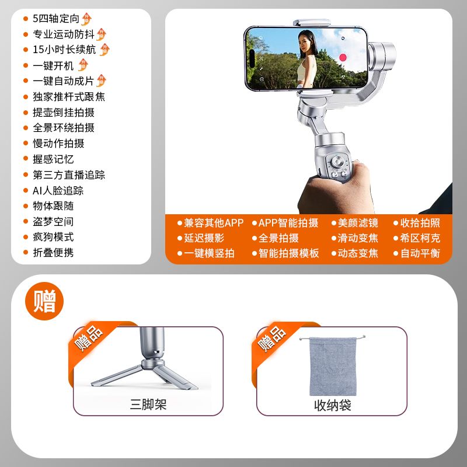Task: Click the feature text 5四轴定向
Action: click(x=56, y=19)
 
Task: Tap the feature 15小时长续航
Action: click(x=64, y=50)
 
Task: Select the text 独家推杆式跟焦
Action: click(x=69, y=97)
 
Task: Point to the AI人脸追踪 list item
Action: click(x=58, y=191)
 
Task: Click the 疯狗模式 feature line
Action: click(x=53, y=237)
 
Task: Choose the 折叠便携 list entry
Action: click(x=53, y=253)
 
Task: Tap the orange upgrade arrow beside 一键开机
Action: click(x=83, y=65)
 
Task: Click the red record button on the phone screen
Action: click(x=343, y=57)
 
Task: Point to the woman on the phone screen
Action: click(x=307, y=59)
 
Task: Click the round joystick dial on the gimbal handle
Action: click(x=337, y=162)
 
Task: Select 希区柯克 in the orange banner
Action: click(x=420, y=238)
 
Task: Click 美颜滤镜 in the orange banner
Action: click(x=358, y=223)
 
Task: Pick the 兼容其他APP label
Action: click(x=214, y=223)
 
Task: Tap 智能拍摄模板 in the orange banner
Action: click(x=288, y=253)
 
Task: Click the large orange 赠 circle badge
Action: click(x=44, y=301)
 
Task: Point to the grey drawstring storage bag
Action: click(x=333, y=366)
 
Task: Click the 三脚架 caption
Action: click(x=148, y=405)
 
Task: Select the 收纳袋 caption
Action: click(x=332, y=405)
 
